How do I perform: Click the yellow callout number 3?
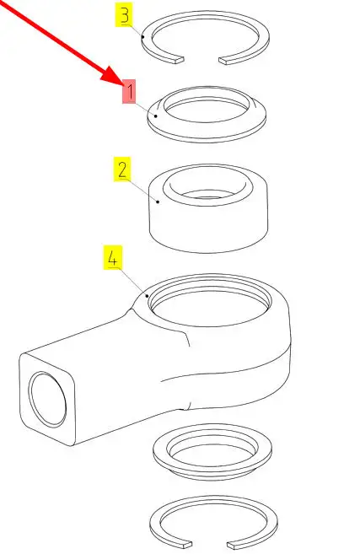click(125, 15)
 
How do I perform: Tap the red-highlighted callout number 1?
click(129, 92)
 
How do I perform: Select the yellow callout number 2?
click(122, 169)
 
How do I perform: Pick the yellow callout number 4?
click(113, 257)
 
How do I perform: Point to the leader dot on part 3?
click(142, 36)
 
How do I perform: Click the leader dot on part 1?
click(155, 116)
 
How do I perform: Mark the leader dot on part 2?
click(158, 202)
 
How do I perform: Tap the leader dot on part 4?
click(148, 295)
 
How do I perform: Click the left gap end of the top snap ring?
click(180, 60)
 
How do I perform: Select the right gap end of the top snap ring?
click(223, 61)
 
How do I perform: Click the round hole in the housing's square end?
click(48, 399)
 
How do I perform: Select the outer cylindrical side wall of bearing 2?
click(208, 229)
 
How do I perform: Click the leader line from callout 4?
click(132, 282)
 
